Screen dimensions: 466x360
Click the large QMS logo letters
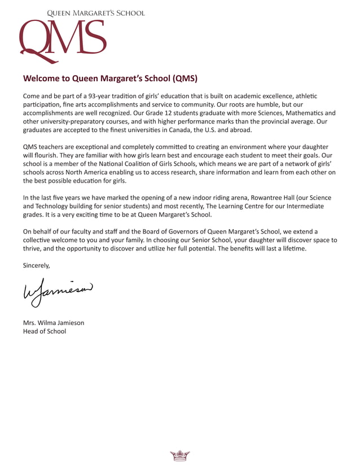[62, 39]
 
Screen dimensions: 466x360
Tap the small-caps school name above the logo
[95, 13]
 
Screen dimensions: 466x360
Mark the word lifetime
[291, 248]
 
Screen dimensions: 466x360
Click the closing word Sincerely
[37, 265]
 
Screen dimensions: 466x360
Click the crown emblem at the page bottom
[179, 455]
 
